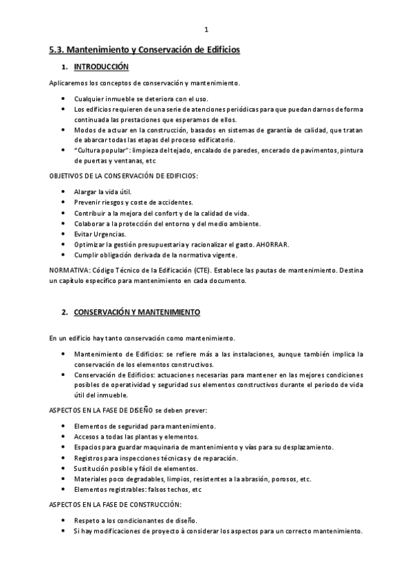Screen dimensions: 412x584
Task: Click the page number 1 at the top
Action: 206,29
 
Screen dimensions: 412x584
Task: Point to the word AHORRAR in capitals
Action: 273,244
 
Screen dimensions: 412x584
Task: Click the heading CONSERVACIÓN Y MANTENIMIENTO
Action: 137,312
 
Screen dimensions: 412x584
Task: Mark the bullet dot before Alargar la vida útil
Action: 64,191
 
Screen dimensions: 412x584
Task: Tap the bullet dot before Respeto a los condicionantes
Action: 64,521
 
